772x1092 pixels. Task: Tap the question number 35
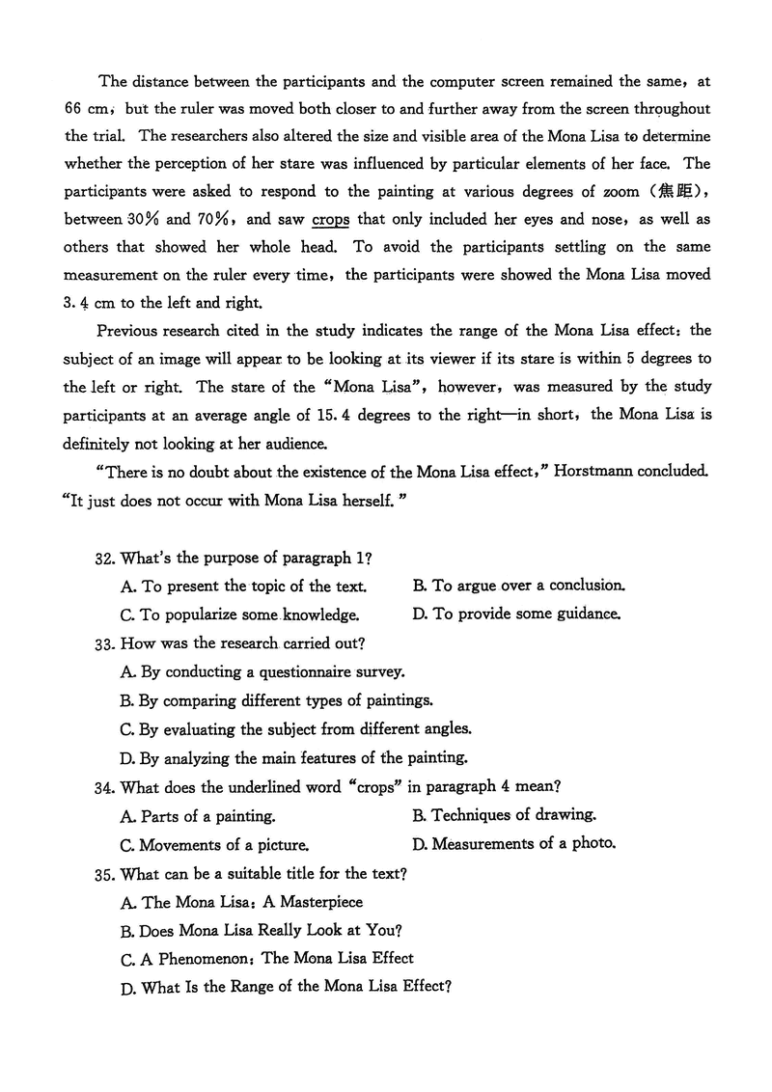104,874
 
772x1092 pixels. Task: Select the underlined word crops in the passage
330,219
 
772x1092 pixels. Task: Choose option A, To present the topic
243,587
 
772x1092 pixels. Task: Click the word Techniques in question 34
471,815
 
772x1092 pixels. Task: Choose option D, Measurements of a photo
513,844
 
